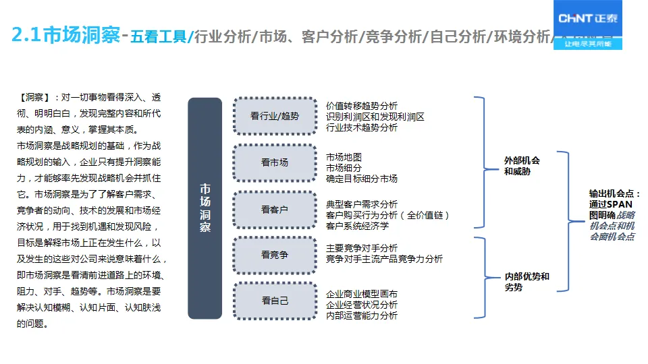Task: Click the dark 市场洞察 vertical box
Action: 205,208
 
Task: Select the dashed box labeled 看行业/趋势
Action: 275,116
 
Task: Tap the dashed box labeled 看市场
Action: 275,162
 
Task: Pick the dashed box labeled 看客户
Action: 275,209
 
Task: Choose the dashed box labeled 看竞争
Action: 275,255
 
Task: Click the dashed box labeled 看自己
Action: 275,301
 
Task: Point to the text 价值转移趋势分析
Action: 362,106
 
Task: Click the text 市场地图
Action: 344,157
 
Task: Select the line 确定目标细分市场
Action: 362,179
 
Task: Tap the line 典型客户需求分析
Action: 362,204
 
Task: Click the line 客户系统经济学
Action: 357,226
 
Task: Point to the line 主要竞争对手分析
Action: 362,248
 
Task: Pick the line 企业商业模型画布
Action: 362,294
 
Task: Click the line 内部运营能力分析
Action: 362,315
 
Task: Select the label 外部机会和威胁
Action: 522,166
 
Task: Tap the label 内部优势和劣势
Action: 526,282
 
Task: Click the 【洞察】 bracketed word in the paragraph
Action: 34,98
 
